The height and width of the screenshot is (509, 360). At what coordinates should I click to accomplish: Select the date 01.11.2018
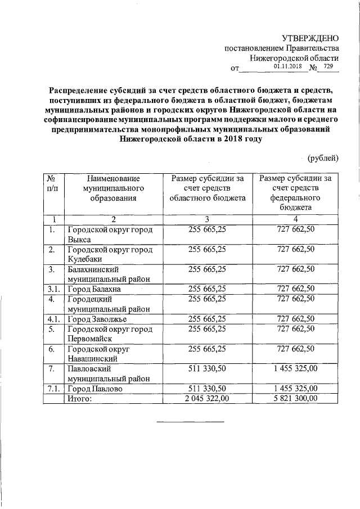click(x=288, y=66)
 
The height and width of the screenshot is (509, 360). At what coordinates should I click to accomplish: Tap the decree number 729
click(x=328, y=66)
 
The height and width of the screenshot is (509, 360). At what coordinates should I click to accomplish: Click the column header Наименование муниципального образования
click(x=113, y=188)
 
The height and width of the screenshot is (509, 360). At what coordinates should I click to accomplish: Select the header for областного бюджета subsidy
click(x=208, y=188)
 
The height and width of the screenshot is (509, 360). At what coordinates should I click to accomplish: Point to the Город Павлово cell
click(x=94, y=389)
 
